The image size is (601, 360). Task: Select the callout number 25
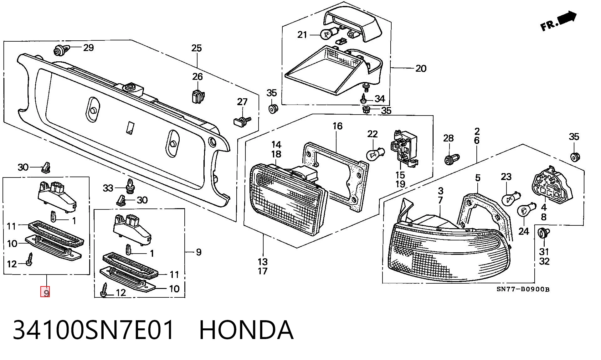click(197, 48)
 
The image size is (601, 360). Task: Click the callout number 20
click(421, 68)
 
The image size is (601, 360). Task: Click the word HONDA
click(246, 330)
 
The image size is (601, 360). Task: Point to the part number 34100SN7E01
click(93, 330)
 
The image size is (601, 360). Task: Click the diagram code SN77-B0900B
click(523, 289)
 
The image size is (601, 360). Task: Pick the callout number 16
click(337, 126)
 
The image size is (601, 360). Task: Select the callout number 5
click(478, 178)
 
